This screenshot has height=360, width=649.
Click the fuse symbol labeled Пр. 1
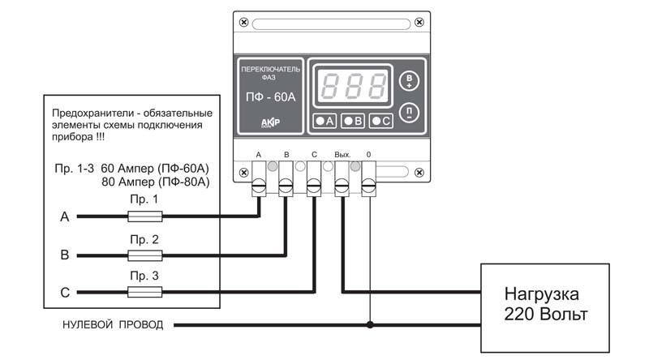pyautogui.click(x=144, y=216)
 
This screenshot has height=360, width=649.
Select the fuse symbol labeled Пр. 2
pyautogui.click(x=144, y=255)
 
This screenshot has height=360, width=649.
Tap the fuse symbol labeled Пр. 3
pyautogui.click(x=144, y=292)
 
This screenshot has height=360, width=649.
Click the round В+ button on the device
pyautogui.click(x=409, y=81)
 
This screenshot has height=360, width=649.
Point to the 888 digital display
pyautogui.click(x=352, y=86)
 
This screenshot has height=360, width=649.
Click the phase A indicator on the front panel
pyautogui.click(x=324, y=121)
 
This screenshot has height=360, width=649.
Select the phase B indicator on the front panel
pyautogui.click(x=352, y=121)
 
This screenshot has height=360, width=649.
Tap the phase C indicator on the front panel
pyautogui.click(x=380, y=121)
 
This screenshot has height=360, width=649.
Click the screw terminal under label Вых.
pyautogui.click(x=342, y=186)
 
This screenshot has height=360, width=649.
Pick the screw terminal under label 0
pyautogui.click(x=369, y=186)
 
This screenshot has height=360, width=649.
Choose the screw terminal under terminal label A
pyautogui.click(x=259, y=186)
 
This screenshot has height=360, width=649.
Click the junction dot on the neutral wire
pyautogui.click(x=370, y=325)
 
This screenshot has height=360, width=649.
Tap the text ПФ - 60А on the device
pyautogui.click(x=271, y=96)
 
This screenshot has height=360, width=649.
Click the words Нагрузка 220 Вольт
pyautogui.click(x=545, y=304)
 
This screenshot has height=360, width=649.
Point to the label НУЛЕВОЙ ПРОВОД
pyautogui.click(x=113, y=325)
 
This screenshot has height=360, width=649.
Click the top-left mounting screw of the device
pyautogui.click(x=244, y=23)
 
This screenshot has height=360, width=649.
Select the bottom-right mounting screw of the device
pyautogui.click(x=419, y=172)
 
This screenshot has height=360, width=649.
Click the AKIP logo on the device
pyautogui.click(x=270, y=122)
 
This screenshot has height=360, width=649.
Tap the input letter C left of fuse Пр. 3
pyautogui.click(x=65, y=293)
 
